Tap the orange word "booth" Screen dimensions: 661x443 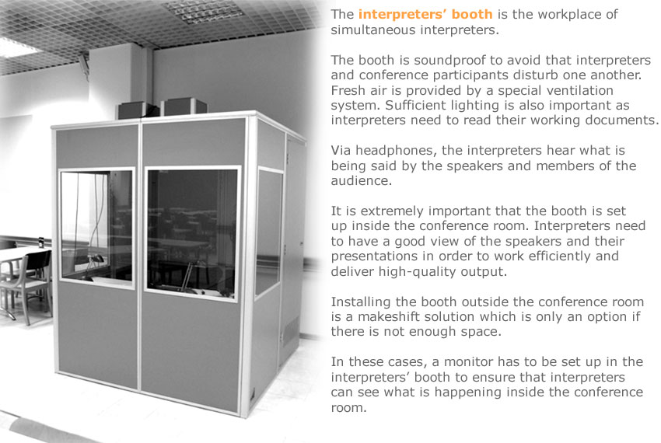(472, 14)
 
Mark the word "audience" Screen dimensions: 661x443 (362, 181)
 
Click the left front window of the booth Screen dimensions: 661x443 (96, 227)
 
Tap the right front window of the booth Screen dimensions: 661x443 (193, 232)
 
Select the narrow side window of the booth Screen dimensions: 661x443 (269, 231)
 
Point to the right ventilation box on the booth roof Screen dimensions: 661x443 (184, 106)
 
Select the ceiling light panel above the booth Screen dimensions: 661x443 (203, 11)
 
